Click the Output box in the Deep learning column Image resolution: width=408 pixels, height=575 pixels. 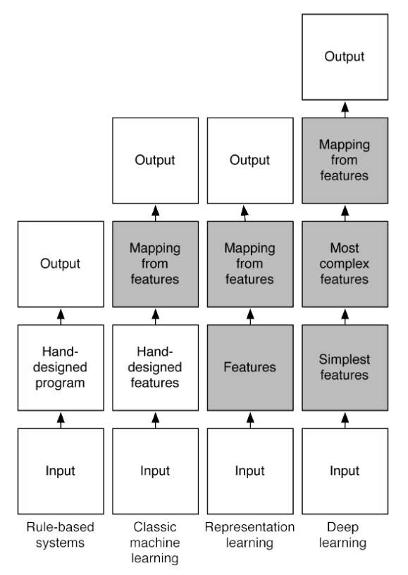point(345,57)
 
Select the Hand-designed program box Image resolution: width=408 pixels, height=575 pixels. point(61,367)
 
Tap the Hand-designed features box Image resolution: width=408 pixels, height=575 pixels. point(156,367)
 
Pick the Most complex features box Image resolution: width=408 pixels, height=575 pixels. point(345,264)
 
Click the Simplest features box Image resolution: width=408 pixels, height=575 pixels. point(345,367)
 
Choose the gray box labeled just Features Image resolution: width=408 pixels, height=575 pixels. point(250,367)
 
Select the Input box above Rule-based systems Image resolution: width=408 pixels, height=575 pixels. point(61,471)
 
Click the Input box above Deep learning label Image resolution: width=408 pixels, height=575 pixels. point(345,471)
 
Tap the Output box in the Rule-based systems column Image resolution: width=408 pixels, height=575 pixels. point(61,264)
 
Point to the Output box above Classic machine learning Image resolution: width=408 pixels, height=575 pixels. point(156,161)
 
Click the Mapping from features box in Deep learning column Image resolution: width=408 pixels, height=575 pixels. point(345,161)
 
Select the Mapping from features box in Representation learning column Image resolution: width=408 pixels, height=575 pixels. point(250,264)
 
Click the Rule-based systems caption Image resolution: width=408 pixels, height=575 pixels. point(60,535)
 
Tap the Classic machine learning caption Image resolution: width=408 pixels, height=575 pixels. point(155,543)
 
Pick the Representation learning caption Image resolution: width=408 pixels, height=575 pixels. point(249,535)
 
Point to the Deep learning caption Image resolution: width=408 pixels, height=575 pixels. point(342,535)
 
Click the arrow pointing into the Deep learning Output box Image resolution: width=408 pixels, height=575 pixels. point(345,110)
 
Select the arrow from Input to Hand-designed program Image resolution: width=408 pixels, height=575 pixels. point(61,420)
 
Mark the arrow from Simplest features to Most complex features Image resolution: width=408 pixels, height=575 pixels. point(345,317)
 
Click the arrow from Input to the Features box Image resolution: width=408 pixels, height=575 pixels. point(250,420)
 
